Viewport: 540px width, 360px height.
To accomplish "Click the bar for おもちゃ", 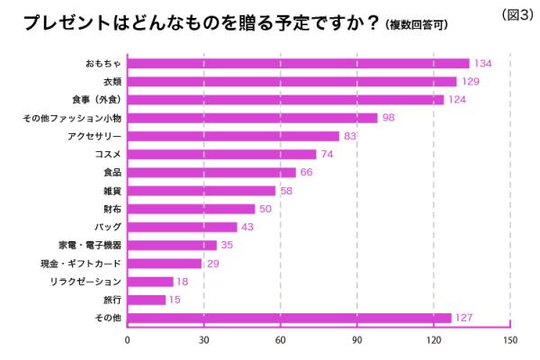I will click(298, 63).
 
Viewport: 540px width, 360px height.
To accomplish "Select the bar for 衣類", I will click(292, 81).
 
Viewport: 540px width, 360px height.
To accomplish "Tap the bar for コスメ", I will click(221, 154).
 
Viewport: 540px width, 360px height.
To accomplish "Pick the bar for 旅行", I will click(147, 300).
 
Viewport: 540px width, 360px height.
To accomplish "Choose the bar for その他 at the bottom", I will click(289, 318).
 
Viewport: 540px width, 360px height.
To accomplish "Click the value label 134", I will click(483, 63).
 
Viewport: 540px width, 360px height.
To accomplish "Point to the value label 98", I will click(389, 118).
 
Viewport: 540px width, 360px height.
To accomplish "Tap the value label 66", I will click(307, 172).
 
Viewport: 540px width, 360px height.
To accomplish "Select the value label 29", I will click(212, 264).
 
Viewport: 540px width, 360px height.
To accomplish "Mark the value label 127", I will click(464, 318).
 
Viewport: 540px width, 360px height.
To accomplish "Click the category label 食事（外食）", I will click(95, 100).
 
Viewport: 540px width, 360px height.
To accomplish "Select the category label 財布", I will click(112, 209).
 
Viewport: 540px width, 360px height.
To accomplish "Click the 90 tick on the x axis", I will click(357, 340).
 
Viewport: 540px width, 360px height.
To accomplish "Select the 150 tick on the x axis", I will click(510, 340).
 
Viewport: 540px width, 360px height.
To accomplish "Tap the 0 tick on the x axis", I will click(128, 340).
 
